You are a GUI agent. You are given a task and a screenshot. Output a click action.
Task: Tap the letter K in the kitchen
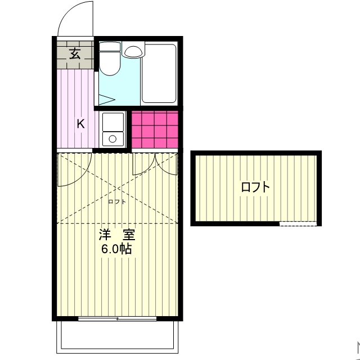[x=80, y=124]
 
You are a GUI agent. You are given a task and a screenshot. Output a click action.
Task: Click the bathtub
[x=160, y=74]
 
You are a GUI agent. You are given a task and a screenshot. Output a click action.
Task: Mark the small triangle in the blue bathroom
[x=107, y=100]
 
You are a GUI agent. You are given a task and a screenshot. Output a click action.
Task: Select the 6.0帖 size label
[x=116, y=249]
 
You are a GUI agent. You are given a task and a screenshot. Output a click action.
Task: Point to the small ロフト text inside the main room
[x=116, y=201]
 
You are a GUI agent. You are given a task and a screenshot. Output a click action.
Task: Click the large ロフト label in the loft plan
[x=255, y=187]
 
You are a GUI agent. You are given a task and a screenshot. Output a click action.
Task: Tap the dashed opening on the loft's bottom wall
[x=298, y=224]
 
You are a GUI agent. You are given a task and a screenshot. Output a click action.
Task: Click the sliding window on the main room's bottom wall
[x=117, y=319]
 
